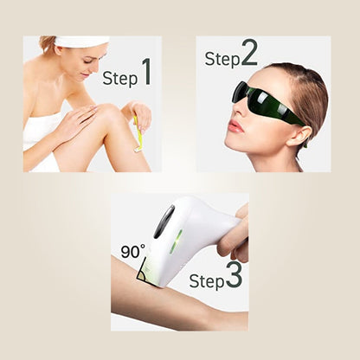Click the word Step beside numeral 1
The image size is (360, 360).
pos(120,78)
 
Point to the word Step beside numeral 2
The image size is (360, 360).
pos(221,59)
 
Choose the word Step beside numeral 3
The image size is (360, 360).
pos(207,281)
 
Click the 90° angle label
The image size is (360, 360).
pos(132,251)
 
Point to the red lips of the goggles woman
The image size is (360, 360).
pos(235,125)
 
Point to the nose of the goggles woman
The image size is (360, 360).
pos(234,108)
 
